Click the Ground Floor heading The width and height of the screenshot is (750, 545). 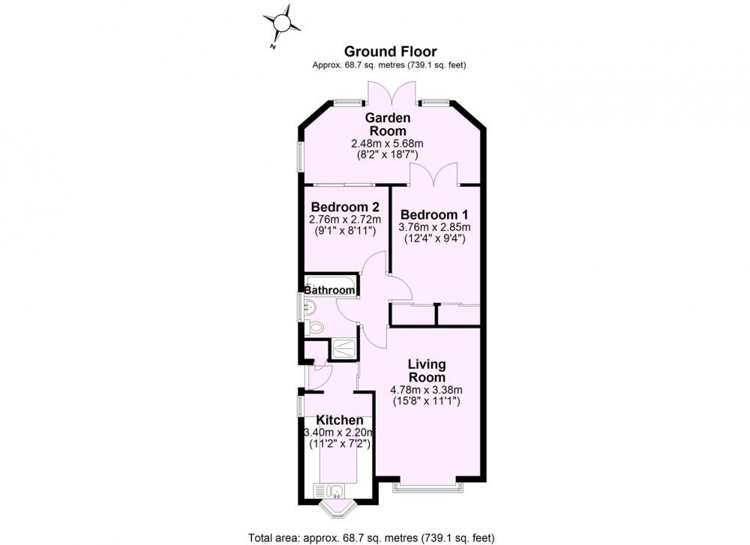coord(390,51)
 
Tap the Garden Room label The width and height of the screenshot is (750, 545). coord(388,124)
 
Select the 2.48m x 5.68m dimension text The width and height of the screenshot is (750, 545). coord(388,143)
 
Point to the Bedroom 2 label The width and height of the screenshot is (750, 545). coord(345,207)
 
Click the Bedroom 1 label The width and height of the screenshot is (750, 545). coord(434,214)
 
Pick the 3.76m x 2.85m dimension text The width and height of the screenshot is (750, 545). coord(434,227)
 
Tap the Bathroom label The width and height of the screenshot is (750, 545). coord(330,290)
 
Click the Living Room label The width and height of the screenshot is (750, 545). coord(427,370)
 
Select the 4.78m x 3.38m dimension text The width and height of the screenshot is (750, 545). coord(427,390)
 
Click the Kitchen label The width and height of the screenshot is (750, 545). coord(340,421)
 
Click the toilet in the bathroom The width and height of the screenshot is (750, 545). coord(314,328)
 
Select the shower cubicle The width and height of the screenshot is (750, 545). coord(343,349)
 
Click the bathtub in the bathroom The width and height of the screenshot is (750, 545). coord(331,286)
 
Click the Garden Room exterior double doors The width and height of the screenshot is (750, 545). coord(392,93)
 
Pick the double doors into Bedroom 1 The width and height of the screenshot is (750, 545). coord(433,175)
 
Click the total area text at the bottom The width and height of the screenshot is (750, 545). coord(371,538)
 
